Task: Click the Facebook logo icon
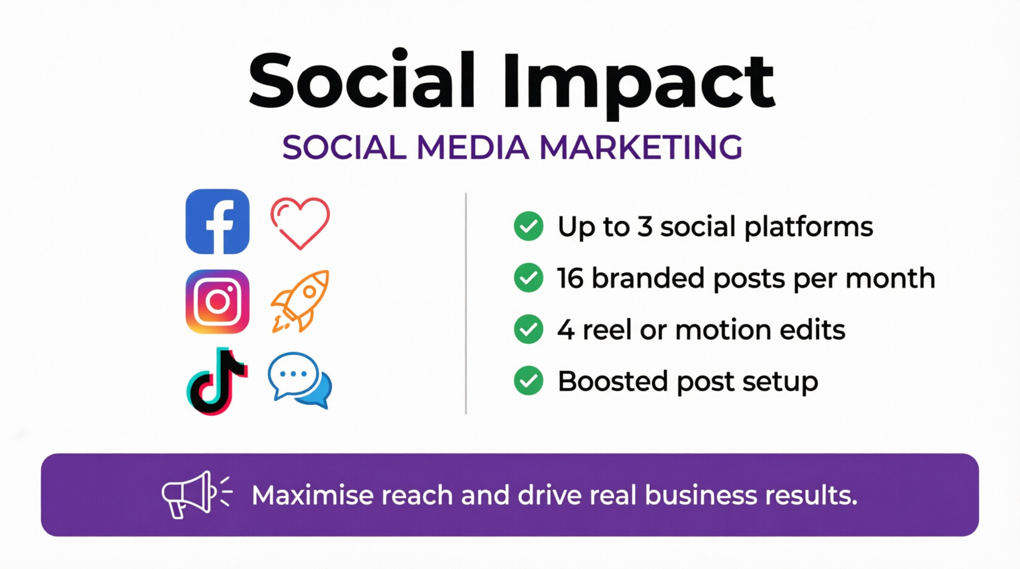coord(218,221)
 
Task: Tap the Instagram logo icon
coord(218,302)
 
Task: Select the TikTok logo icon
coord(218,381)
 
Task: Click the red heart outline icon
coord(300,223)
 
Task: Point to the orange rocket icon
coord(300,300)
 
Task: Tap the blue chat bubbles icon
coord(300,380)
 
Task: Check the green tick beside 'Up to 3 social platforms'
coord(528,226)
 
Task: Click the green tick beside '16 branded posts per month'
coord(528,278)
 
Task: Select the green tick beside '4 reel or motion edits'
coord(528,330)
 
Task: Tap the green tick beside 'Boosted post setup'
coord(528,381)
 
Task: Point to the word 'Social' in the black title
coord(362,80)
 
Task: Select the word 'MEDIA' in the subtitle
coord(473,147)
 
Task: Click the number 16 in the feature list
coord(570,278)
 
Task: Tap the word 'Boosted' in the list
coord(612,381)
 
